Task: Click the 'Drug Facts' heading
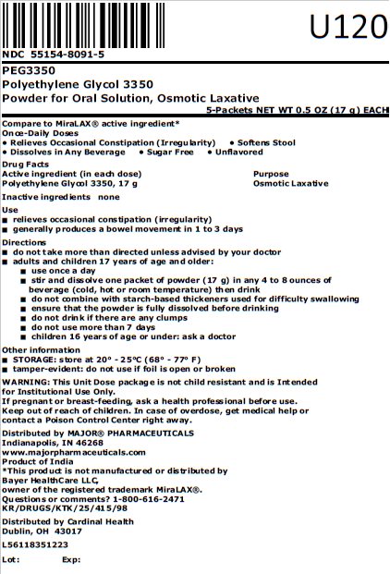(x=26, y=163)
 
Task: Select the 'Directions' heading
(x=25, y=241)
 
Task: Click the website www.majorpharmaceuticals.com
(x=74, y=452)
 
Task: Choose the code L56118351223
(x=36, y=544)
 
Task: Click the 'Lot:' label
(x=12, y=559)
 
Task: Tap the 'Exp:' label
(x=71, y=559)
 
